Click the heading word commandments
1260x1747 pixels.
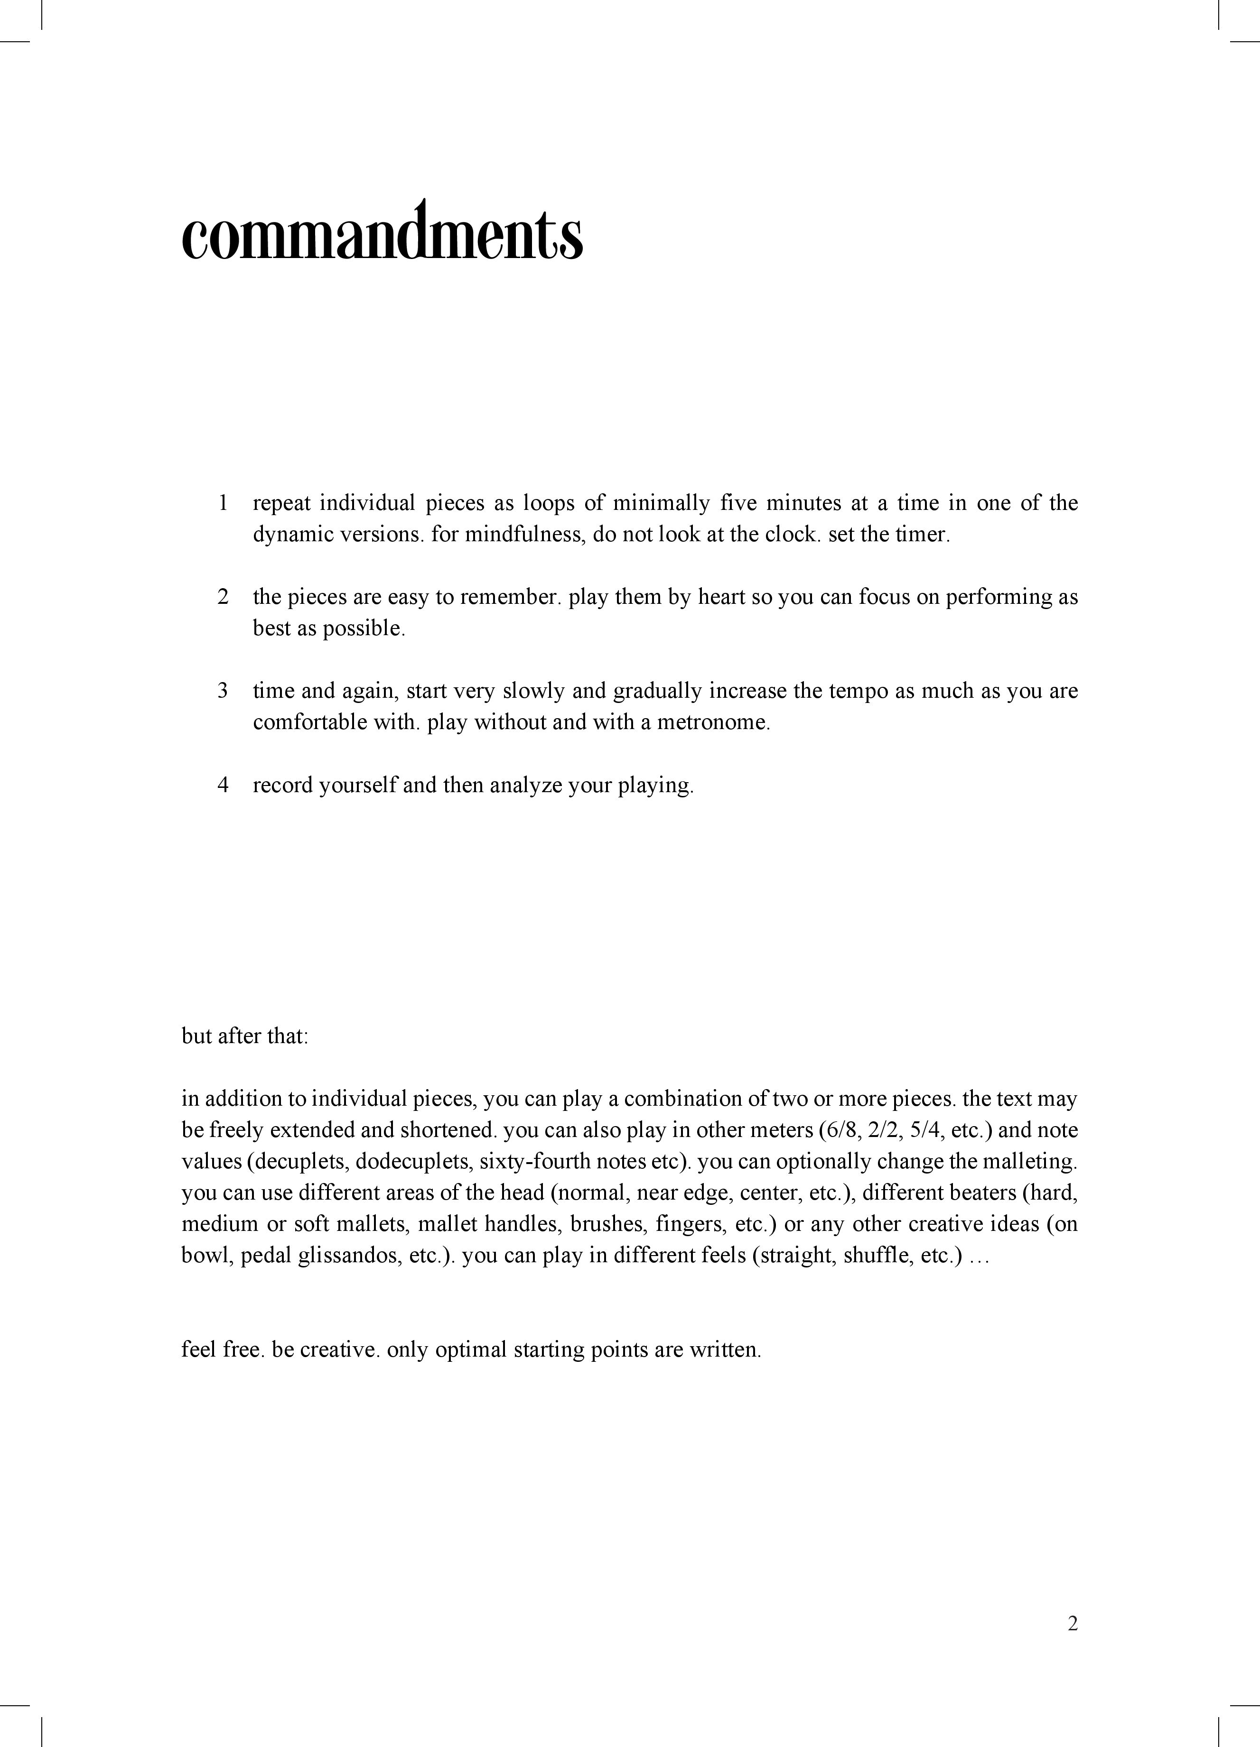pyautogui.click(x=382, y=231)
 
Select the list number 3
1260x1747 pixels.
pyautogui.click(x=223, y=691)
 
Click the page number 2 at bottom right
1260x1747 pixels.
pyautogui.click(x=1073, y=1624)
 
